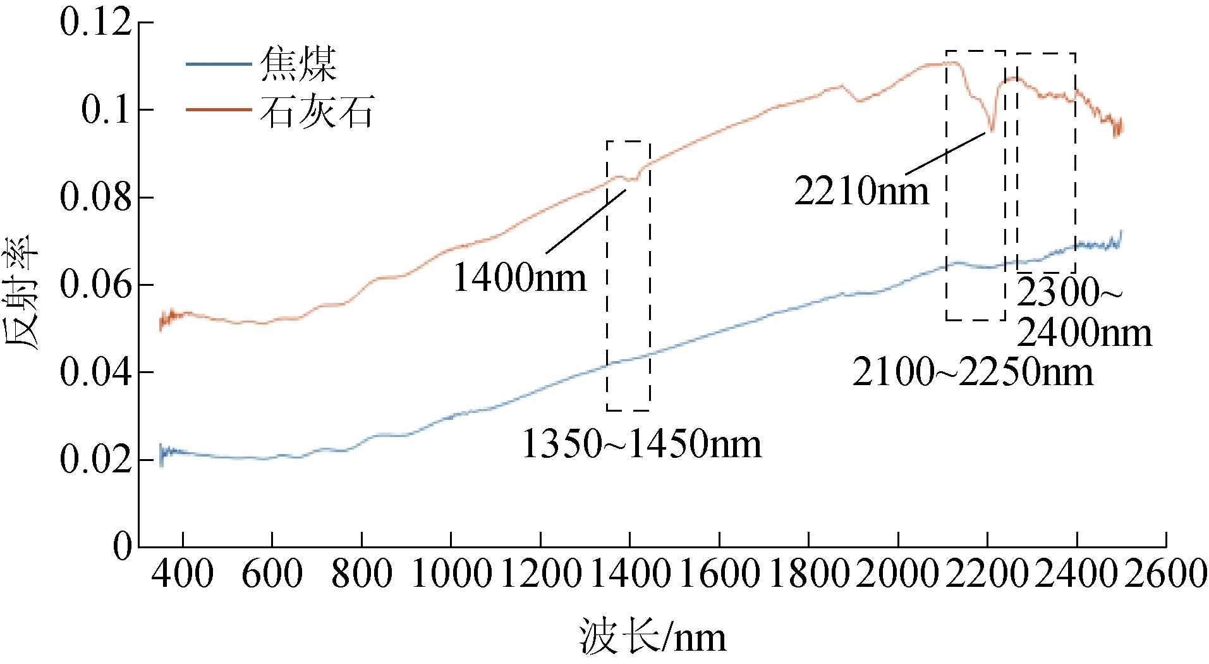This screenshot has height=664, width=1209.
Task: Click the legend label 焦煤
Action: click(x=298, y=65)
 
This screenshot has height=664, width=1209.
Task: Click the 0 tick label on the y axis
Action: click(x=123, y=546)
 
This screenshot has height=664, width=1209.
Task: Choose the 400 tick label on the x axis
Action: click(x=183, y=574)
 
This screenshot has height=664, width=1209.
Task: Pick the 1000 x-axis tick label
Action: click(x=451, y=574)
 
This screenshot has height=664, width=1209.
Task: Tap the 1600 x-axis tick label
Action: click(x=719, y=574)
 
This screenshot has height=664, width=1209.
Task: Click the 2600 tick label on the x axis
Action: click(x=1166, y=574)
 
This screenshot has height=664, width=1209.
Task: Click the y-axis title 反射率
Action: click(x=21, y=292)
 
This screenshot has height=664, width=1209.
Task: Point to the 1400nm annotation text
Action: click(x=519, y=278)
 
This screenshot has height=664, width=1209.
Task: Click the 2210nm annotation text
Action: click(x=861, y=191)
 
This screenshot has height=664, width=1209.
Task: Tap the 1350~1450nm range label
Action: click(x=641, y=444)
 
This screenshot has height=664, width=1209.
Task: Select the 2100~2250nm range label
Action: click(x=972, y=372)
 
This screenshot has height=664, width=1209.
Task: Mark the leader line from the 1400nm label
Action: click(x=586, y=221)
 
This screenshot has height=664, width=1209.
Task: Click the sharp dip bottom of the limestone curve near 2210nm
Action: click(x=992, y=130)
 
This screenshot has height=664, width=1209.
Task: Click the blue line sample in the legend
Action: click(x=218, y=65)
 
